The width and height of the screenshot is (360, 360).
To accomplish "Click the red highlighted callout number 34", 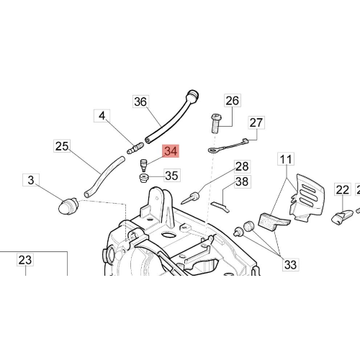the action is point(171,151).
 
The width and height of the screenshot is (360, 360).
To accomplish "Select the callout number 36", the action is point(140,102).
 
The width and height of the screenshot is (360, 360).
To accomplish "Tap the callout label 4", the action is point(102,116).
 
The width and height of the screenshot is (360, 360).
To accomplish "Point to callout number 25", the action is point(62,146).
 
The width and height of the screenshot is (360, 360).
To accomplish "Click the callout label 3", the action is point(31,180).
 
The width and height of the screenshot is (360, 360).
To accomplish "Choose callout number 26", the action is point(233,101).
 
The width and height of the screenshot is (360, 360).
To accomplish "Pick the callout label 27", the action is point(256,122).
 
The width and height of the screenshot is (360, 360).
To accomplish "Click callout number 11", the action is point(286,159).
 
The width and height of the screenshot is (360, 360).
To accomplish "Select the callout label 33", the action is point(290,264).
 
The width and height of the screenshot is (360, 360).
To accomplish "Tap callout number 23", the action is point(25,260).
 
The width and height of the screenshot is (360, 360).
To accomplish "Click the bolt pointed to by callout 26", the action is point(216,124).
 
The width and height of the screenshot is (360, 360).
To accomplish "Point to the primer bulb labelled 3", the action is point(68,206).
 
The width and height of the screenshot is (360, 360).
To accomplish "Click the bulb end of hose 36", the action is point(193,96).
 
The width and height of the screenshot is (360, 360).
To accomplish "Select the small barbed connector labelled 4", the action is point(135,148).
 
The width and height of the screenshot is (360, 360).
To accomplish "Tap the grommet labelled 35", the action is point(144,179).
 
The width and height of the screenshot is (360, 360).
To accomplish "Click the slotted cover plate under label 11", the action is point(307,197).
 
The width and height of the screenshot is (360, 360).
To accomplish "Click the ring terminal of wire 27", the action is point(213,150).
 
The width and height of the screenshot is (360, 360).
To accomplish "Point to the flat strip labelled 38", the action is point(220,207).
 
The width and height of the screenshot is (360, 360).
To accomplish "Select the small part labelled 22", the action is point(342,217).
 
